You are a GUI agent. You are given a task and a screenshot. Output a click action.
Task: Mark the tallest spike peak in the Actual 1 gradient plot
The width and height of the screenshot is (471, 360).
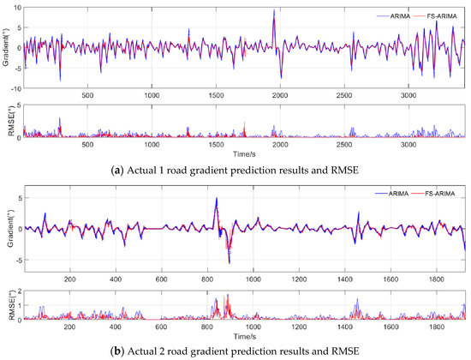(274, 10)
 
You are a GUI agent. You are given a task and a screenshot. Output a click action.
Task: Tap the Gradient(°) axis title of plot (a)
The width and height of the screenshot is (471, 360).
(5, 49)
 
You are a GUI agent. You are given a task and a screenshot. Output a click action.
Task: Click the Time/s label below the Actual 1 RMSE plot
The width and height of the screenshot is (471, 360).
(243, 153)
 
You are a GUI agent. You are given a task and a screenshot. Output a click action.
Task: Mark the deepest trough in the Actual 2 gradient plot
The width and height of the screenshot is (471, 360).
(230, 262)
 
